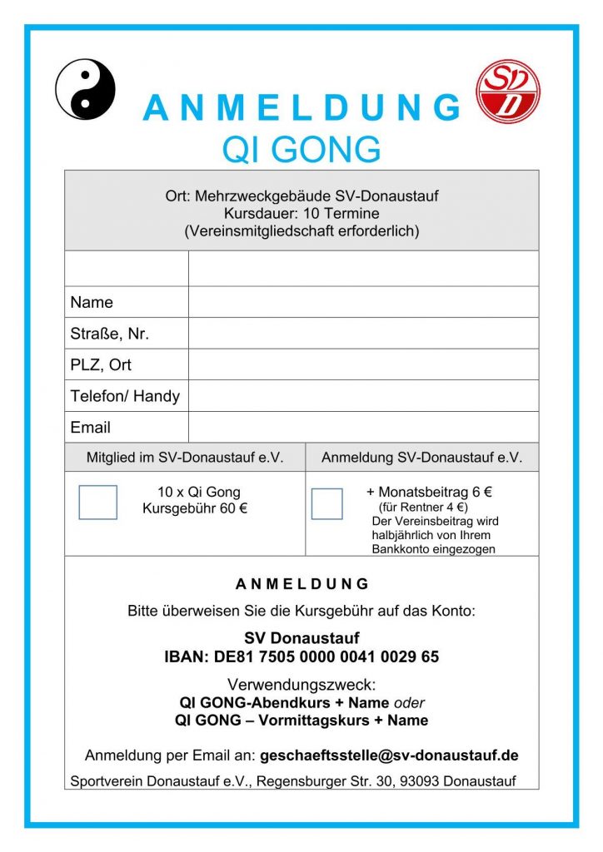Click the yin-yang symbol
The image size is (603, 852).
point(85,89)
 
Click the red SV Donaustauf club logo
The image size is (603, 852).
point(507,91)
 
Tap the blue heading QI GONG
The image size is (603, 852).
point(301,150)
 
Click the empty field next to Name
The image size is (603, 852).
point(363,302)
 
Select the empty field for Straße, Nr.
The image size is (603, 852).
point(363,334)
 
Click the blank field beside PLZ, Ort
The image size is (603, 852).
point(363,364)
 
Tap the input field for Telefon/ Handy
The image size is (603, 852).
point(363,396)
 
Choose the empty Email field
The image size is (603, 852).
point(363,427)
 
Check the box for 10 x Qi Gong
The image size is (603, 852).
point(97,503)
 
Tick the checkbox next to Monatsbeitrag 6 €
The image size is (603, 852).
point(326,503)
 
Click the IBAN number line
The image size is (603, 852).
point(301,657)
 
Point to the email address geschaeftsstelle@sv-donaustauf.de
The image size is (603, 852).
point(389,755)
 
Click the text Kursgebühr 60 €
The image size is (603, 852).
point(194,508)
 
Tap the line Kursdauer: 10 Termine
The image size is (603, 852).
point(301,214)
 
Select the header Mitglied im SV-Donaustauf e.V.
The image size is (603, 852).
point(185,458)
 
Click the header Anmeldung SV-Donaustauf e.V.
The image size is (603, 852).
point(421,458)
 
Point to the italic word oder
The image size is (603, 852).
point(409,703)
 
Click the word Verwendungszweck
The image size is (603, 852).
point(301,686)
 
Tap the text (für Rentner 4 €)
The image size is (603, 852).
point(423,507)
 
